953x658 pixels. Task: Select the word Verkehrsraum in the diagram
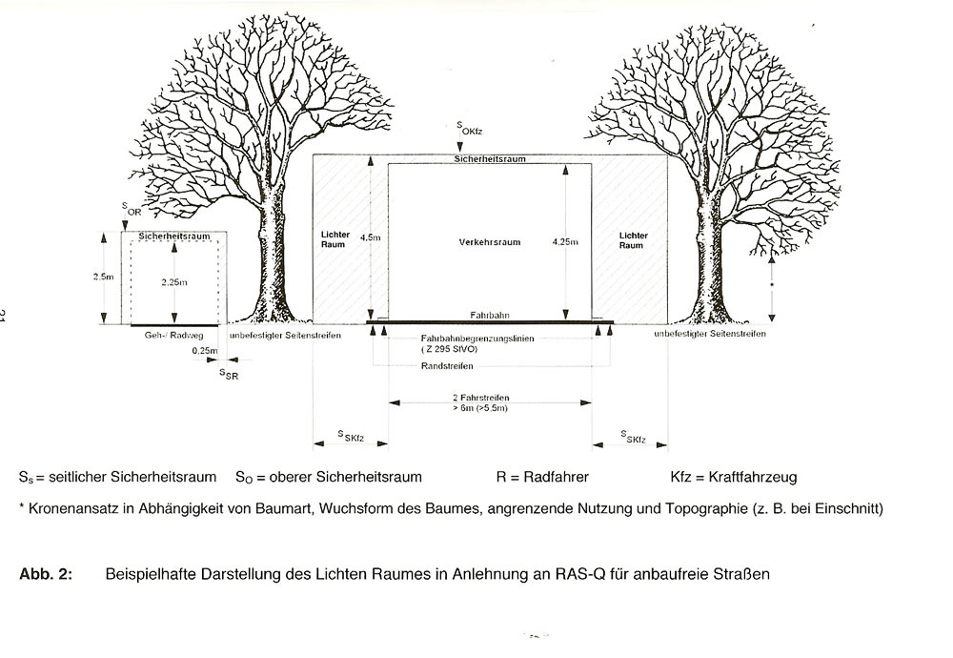tap(489, 243)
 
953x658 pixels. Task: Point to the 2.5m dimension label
tap(104, 276)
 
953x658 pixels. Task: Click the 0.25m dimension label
tap(204, 351)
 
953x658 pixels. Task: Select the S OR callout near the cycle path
tap(130, 210)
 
